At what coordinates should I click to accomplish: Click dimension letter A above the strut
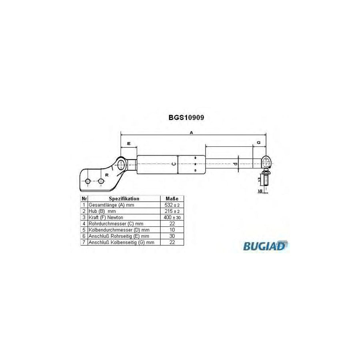coord(192,132)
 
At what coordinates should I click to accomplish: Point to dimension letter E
coord(128,143)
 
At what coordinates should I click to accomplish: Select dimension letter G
coord(259,142)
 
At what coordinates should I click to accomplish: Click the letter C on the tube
coord(173,164)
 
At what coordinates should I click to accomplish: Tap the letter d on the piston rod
coord(236,164)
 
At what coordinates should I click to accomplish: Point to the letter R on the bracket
coord(106,175)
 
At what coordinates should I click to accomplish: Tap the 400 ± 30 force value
coord(172,217)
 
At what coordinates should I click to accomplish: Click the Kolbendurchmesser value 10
coord(172,230)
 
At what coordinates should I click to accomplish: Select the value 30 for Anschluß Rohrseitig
coord(172,236)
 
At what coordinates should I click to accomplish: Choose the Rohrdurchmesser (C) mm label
coord(116,224)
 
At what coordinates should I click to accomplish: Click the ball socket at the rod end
coord(266,161)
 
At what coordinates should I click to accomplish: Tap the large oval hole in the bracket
coord(120,164)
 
